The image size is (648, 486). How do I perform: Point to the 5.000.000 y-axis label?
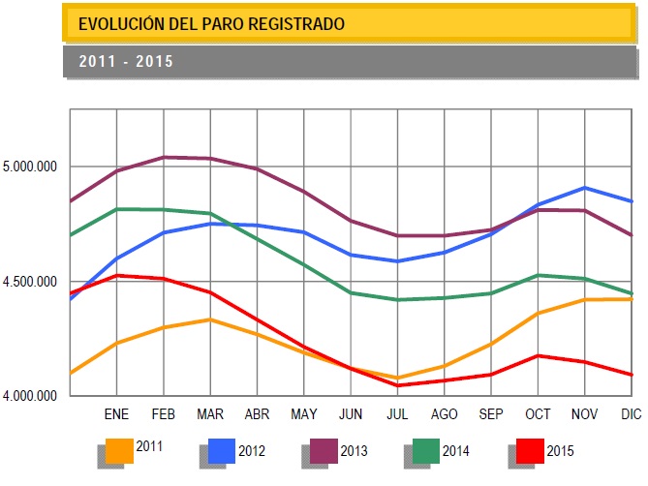pos(31,167)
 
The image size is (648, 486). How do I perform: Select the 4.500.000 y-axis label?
pos(31,282)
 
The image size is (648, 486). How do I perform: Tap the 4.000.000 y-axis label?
pos(31,396)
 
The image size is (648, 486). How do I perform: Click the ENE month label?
pos(116,413)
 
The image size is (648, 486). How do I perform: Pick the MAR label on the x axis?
pos(210,413)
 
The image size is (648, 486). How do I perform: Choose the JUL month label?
pos(397,413)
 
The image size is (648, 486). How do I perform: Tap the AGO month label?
pos(444,413)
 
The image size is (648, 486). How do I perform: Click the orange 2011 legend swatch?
pos(119,450)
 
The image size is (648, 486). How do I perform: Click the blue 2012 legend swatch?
pos(221,450)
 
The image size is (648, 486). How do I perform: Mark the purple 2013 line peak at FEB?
pos(164,157)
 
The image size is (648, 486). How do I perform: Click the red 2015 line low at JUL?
pos(397,385)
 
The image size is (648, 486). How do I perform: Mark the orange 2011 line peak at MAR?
pos(210,319)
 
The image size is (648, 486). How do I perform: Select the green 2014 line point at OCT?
pos(539,275)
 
